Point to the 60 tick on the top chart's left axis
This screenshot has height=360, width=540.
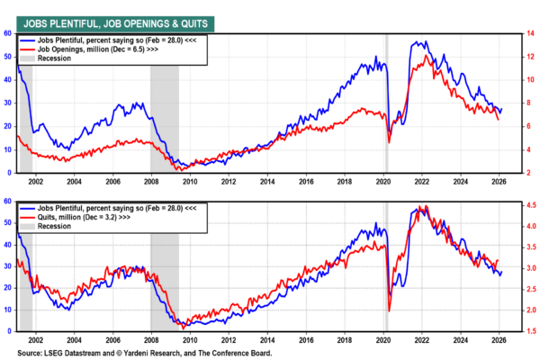coord(7,33)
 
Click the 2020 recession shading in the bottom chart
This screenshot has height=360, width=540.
coord(386,270)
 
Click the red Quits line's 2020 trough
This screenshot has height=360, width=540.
coord(389,310)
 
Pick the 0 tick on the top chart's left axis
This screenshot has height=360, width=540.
coord(9,172)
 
